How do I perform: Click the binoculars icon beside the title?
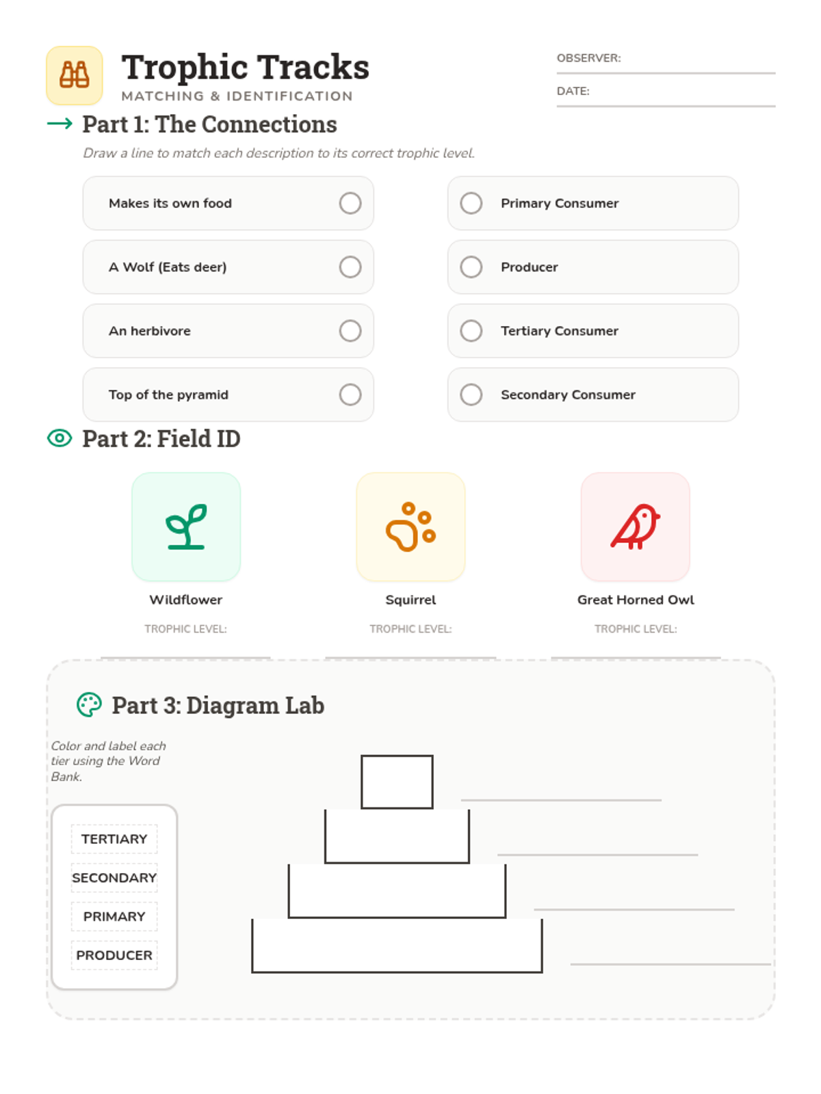75,75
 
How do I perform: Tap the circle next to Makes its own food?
350,203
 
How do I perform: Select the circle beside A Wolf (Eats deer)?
350,267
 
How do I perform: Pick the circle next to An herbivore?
350,330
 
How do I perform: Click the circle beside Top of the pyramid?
350,395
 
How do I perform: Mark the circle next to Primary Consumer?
471,203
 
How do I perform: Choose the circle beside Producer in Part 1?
471,267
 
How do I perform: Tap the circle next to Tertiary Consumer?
471,330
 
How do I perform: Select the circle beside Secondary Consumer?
471,395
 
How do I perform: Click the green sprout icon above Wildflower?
186,526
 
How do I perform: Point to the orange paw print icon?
410,526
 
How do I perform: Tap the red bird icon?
635,526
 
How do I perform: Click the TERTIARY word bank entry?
114,839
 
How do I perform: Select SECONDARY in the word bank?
114,878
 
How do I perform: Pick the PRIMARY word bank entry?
114,917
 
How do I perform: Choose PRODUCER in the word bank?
114,955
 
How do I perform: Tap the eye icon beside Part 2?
60,438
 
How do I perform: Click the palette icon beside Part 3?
89,705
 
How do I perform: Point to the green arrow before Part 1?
60,123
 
